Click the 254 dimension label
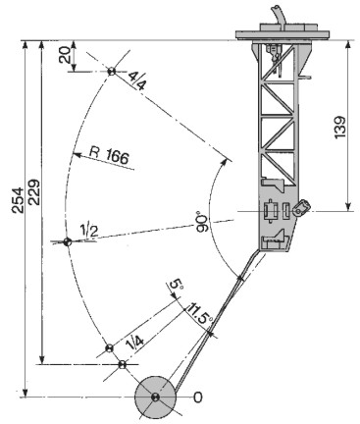(x=18, y=200)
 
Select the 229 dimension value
(x=34, y=192)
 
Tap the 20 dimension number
(x=65, y=55)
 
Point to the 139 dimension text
(x=340, y=128)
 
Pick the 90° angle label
(x=203, y=223)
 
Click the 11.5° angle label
(x=199, y=313)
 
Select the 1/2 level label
(x=89, y=231)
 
